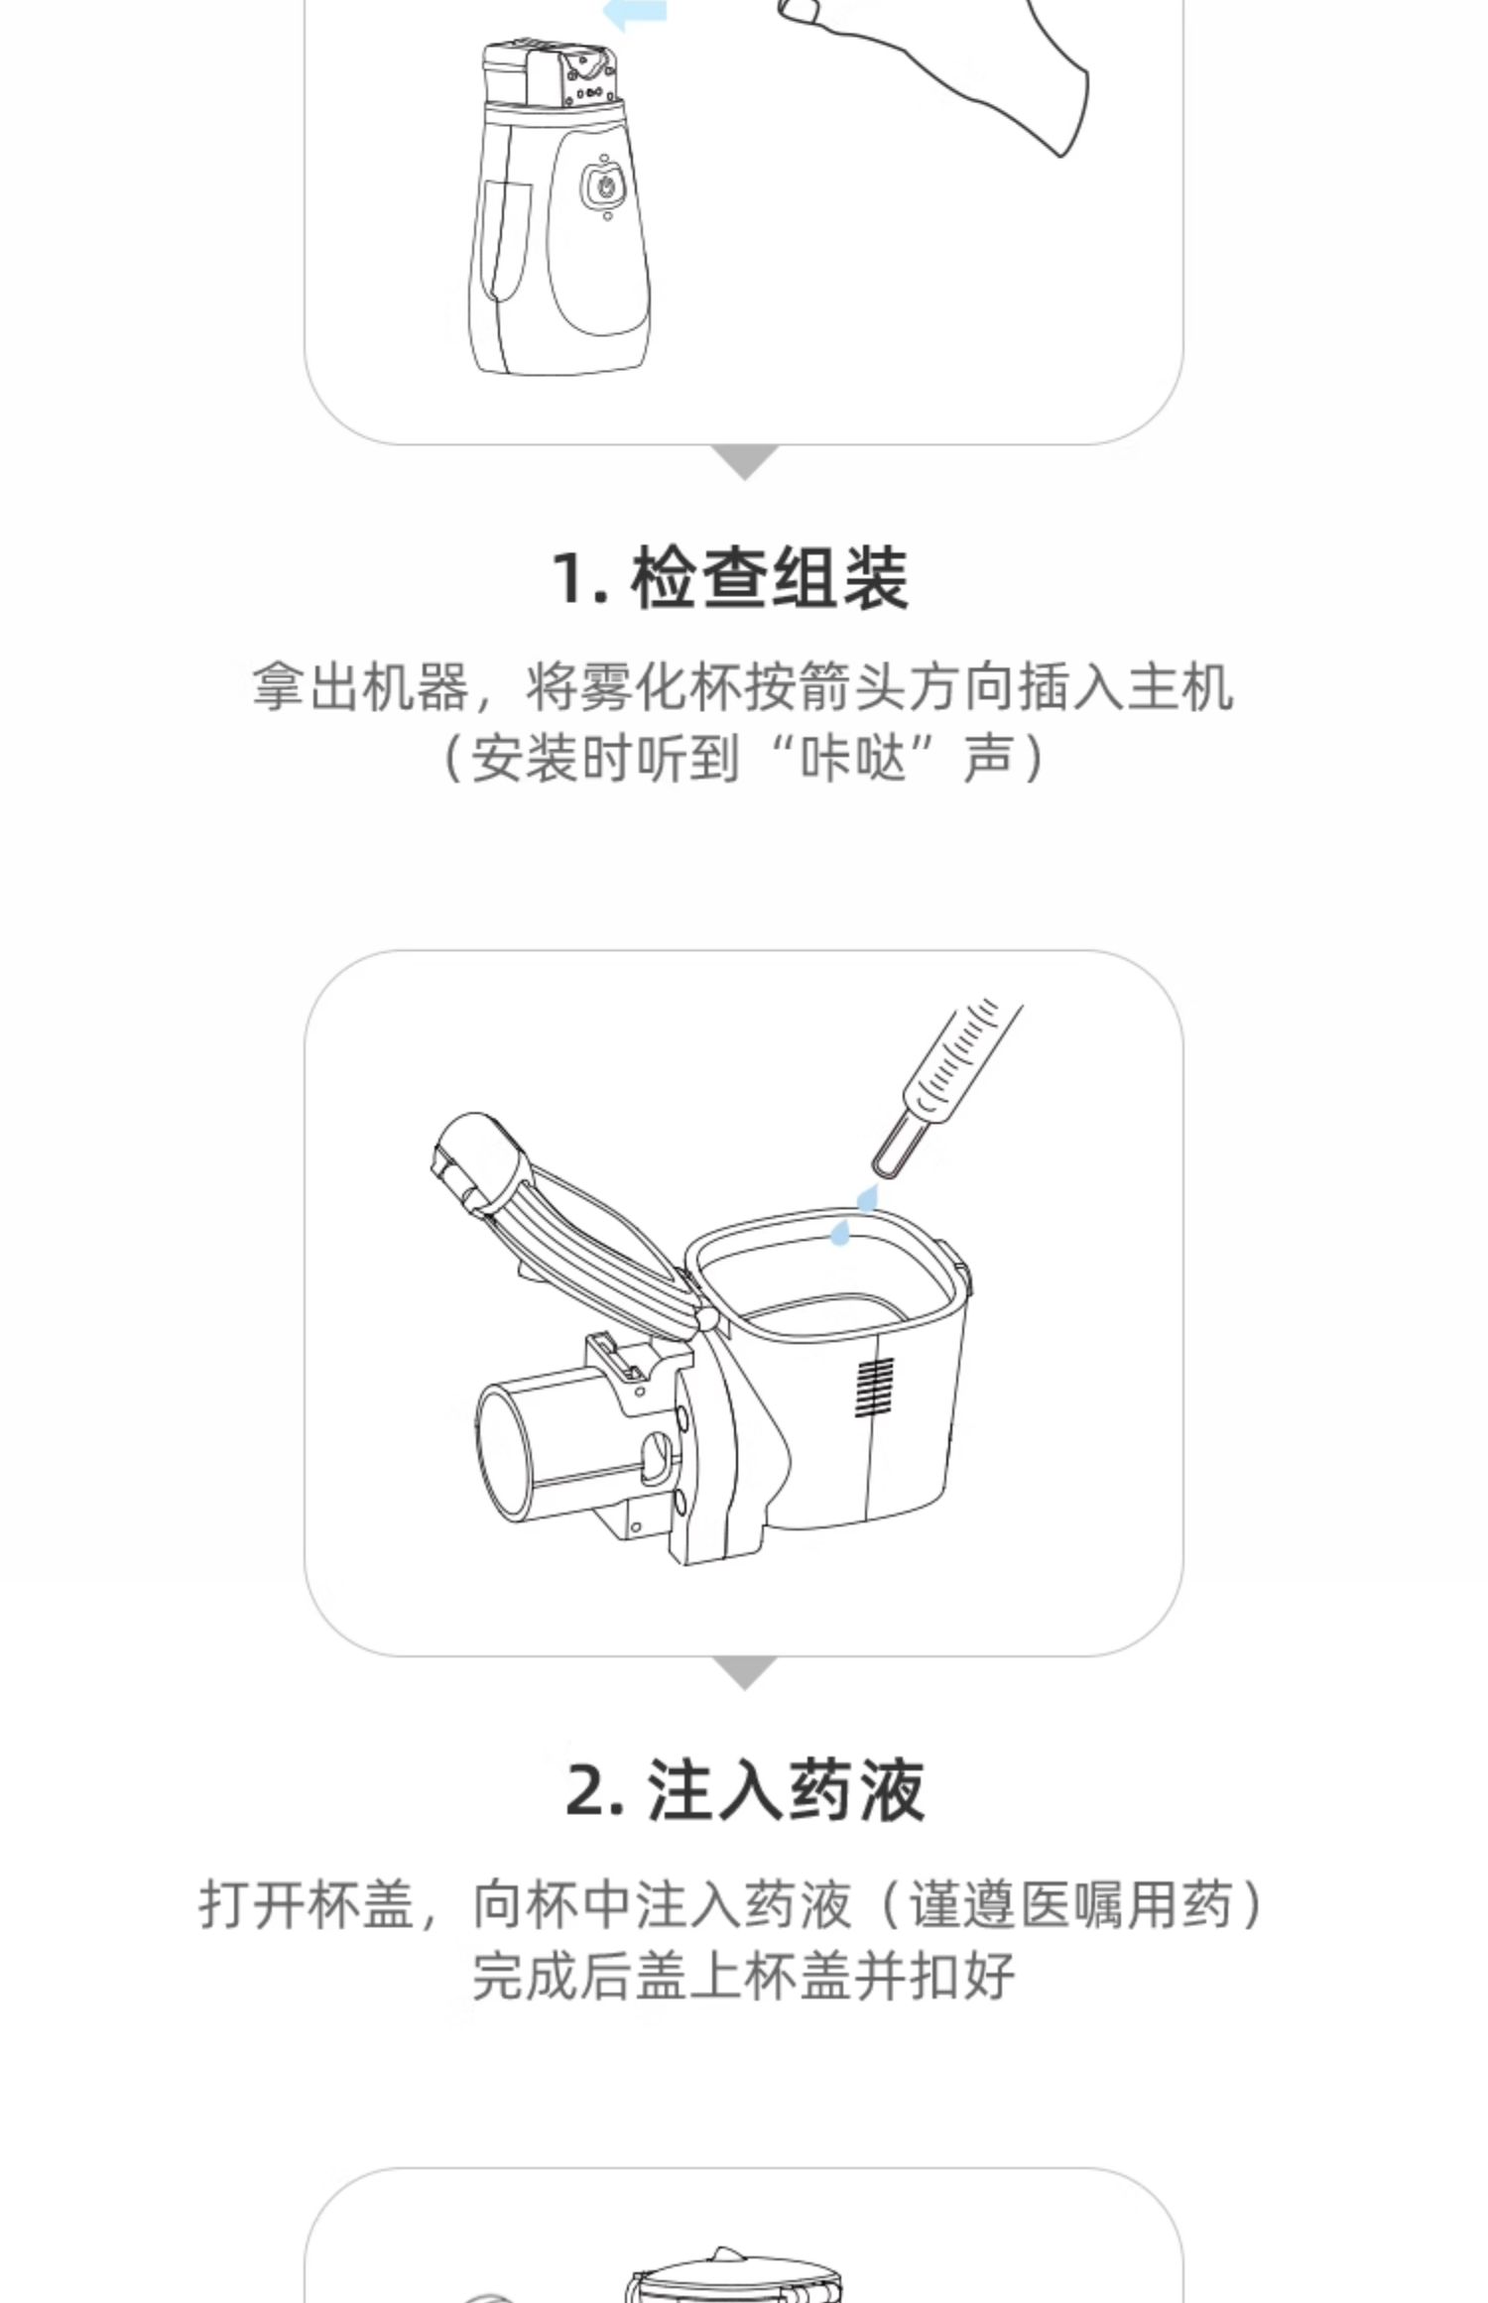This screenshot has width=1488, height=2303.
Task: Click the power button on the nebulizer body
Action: [x=604, y=186]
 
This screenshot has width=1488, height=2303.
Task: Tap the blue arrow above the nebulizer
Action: [x=635, y=12]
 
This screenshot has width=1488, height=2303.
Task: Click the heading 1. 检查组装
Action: [x=730, y=577]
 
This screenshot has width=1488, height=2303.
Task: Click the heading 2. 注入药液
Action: [x=745, y=1790]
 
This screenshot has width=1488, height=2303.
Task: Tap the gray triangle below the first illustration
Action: [x=745, y=462]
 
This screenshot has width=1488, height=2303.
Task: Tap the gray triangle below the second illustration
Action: [x=745, y=1673]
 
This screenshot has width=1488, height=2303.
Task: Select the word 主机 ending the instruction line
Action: [x=1180, y=686]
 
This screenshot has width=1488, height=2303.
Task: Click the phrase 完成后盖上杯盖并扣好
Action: [x=743, y=1976]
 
